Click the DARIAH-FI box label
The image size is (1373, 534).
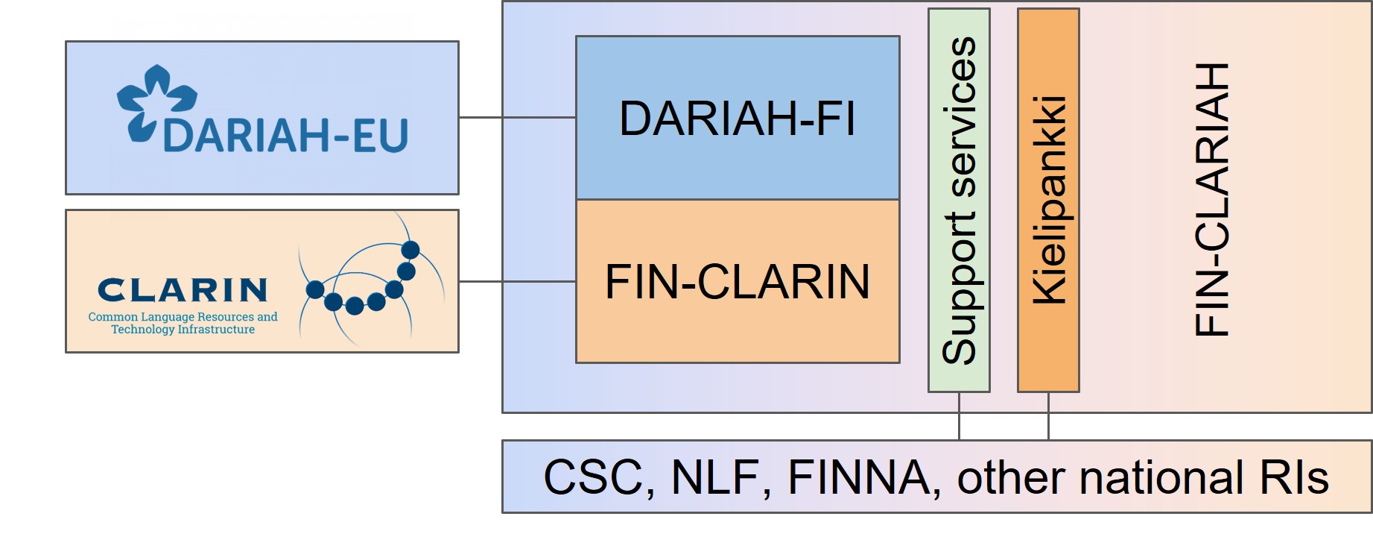[x=737, y=119]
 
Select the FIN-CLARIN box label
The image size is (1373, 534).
[x=737, y=282]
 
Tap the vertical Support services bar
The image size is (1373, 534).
[x=959, y=200]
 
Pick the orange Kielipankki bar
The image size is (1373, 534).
[x=1048, y=200]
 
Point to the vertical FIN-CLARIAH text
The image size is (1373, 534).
[x=1211, y=200]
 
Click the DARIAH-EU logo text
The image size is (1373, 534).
[x=285, y=136]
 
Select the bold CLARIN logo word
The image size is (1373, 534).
[x=183, y=290]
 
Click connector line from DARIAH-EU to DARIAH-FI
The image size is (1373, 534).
[x=517, y=117]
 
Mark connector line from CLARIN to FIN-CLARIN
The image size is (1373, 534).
[x=517, y=281]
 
